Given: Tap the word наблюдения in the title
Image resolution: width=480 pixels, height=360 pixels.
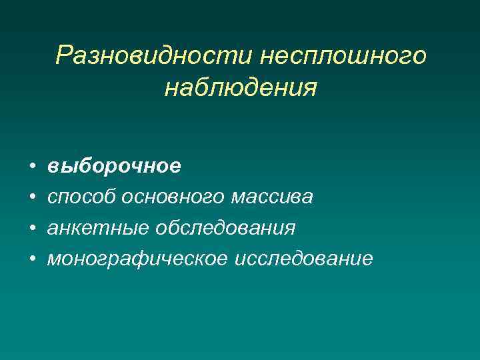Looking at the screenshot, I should click(240, 87).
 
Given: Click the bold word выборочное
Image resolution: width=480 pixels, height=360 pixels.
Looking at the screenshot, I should click(113, 166).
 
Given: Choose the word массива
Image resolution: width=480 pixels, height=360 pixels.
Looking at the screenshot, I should click(273, 197).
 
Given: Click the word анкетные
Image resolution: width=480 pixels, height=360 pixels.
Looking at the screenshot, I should click(98, 227).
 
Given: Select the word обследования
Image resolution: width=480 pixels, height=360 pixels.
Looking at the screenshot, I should click(225, 227).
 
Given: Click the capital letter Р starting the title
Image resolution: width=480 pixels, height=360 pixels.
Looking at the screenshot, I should click(64, 55).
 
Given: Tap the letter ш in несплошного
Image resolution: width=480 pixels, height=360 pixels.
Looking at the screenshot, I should click(355, 57).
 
